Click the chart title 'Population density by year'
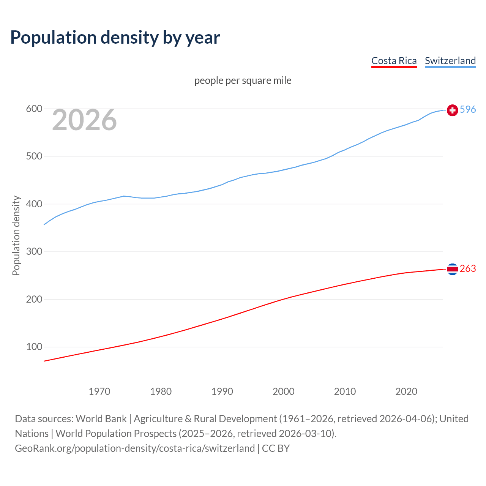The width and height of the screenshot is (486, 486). [x=115, y=38]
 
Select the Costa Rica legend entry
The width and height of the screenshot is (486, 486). [x=394, y=61]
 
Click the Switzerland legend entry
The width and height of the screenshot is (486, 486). [x=450, y=61]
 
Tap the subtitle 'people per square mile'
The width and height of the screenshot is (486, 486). [x=243, y=80]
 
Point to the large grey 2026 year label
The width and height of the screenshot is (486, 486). [x=84, y=120]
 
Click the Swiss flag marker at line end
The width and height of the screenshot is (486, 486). [x=452, y=110]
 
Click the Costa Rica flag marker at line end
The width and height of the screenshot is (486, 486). [x=452, y=269]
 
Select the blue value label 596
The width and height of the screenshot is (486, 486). [x=467, y=110]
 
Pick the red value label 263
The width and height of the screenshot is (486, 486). [x=467, y=269]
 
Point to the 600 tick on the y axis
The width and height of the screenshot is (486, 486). [x=34, y=109]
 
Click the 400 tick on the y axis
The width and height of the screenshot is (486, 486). [x=34, y=204]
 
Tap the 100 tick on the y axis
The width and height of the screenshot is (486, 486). [x=34, y=347]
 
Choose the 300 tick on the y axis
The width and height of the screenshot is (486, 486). [x=34, y=252]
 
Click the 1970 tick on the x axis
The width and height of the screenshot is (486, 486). [x=99, y=391]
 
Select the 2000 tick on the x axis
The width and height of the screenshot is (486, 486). [x=284, y=391]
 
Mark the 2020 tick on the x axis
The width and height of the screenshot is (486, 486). [x=406, y=391]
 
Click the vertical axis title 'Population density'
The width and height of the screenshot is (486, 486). [x=16, y=235]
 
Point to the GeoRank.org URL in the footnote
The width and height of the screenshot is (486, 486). [x=135, y=448]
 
